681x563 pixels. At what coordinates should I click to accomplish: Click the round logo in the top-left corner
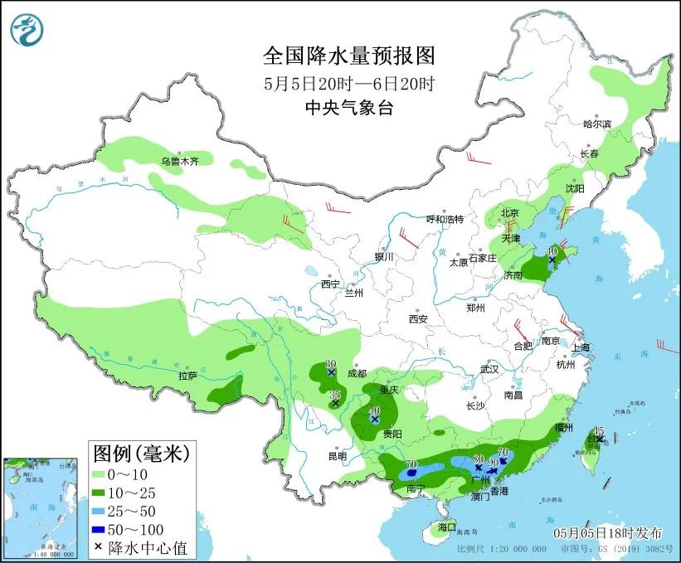(27, 30)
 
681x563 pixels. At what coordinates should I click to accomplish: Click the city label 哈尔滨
(596, 124)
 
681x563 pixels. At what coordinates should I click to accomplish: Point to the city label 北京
(510, 213)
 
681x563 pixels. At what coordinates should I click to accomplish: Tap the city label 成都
(357, 373)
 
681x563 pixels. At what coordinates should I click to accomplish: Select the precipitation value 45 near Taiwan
(599, 430)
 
